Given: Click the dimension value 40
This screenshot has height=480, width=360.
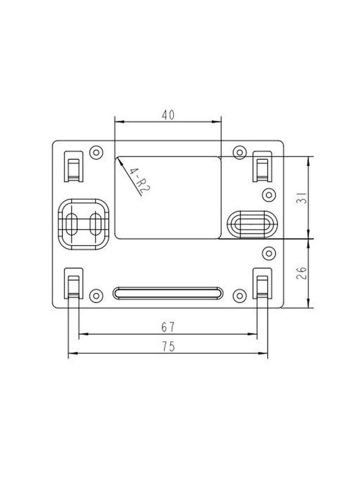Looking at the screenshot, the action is tap(168, 115).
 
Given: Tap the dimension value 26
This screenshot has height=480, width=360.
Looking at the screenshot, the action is tap(302, 273).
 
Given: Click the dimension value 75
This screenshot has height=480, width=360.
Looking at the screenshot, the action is tap(168, 346).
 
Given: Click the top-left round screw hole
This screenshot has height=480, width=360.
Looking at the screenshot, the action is tap(96, 152).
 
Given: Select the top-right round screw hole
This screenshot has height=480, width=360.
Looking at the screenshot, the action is tap(240, 152).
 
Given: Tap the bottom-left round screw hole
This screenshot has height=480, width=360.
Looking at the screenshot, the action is tap(96, 296).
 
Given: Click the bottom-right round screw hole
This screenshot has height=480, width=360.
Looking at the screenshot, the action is tap(240, 296).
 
